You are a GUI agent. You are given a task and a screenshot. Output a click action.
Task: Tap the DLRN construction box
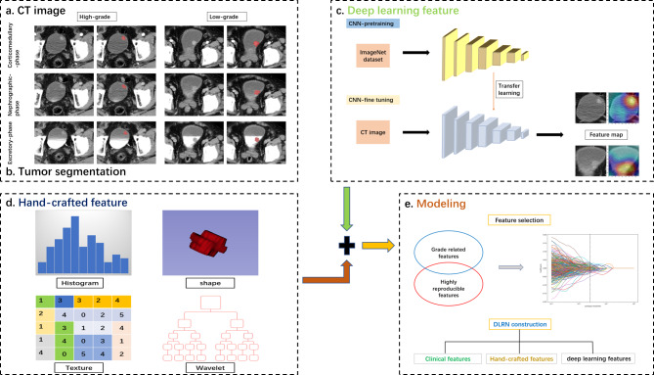[x=516, y=322]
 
